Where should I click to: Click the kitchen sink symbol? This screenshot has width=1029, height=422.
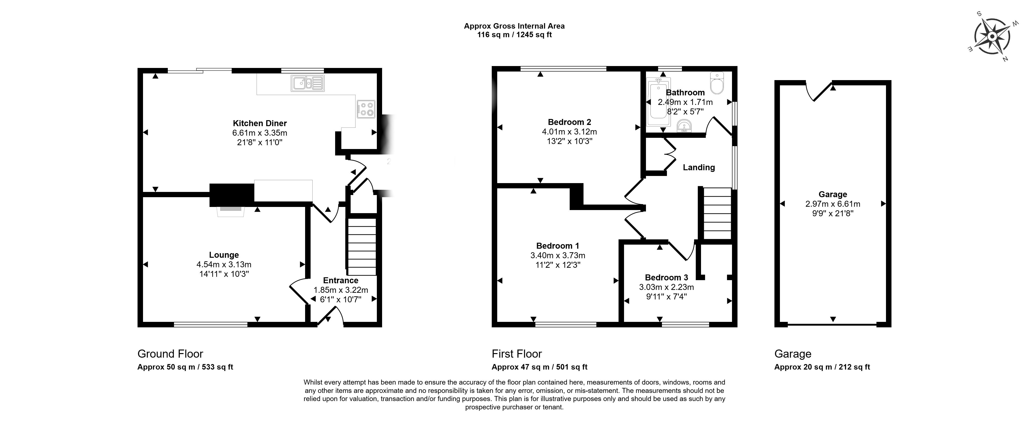point(307,83)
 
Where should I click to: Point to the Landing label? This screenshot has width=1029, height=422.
point(699,167)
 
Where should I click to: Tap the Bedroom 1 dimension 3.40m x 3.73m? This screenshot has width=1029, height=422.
point(558,255)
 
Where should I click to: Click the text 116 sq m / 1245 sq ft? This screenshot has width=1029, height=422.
point(514,35)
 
